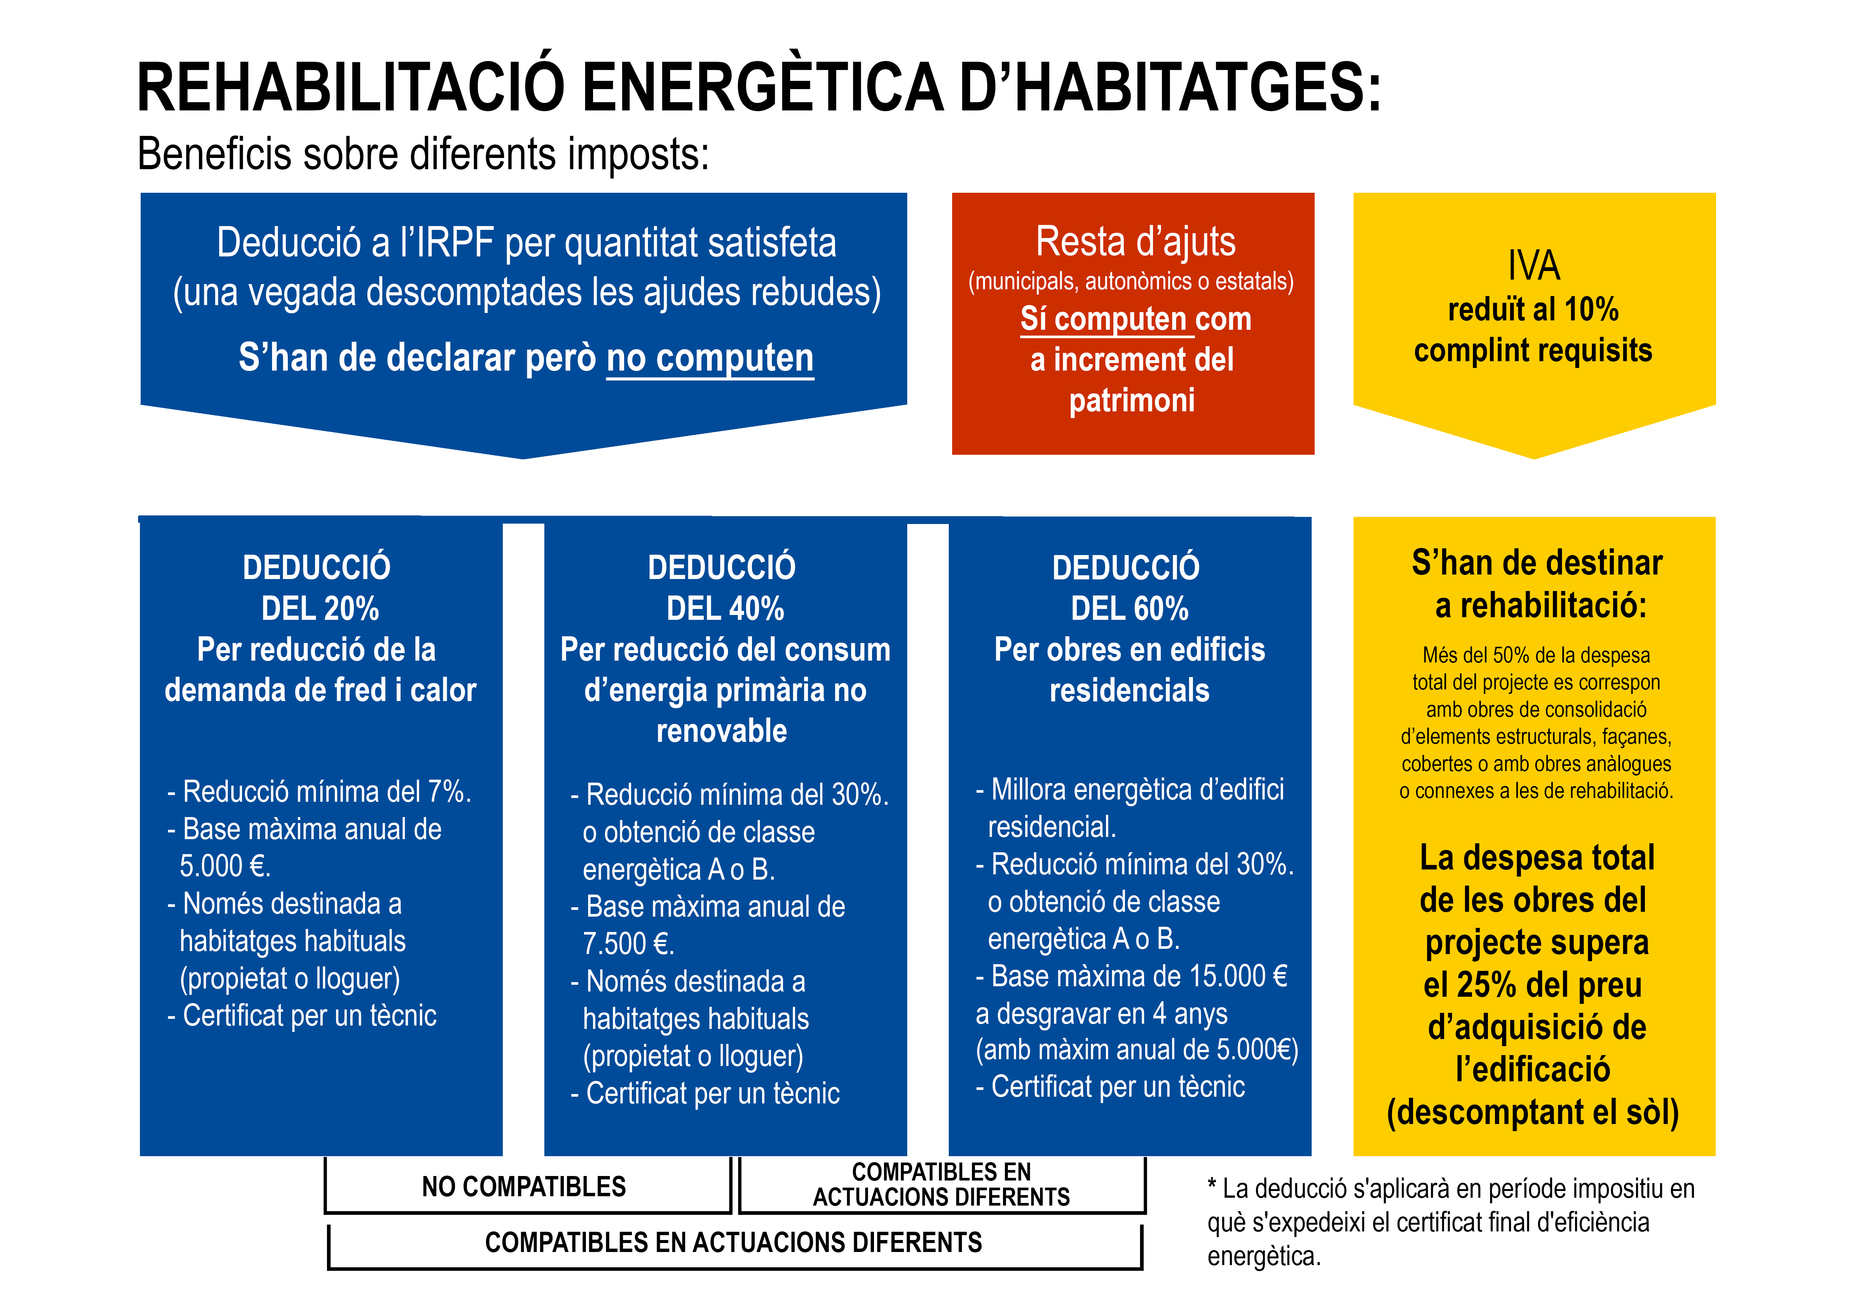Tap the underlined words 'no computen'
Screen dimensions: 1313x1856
(x=710, y=358)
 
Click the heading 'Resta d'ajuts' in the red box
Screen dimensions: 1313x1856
(x=1135, y=242)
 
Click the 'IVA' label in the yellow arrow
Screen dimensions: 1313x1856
(x=1534, y=265)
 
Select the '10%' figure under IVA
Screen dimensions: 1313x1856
(x=1591, y=310)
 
